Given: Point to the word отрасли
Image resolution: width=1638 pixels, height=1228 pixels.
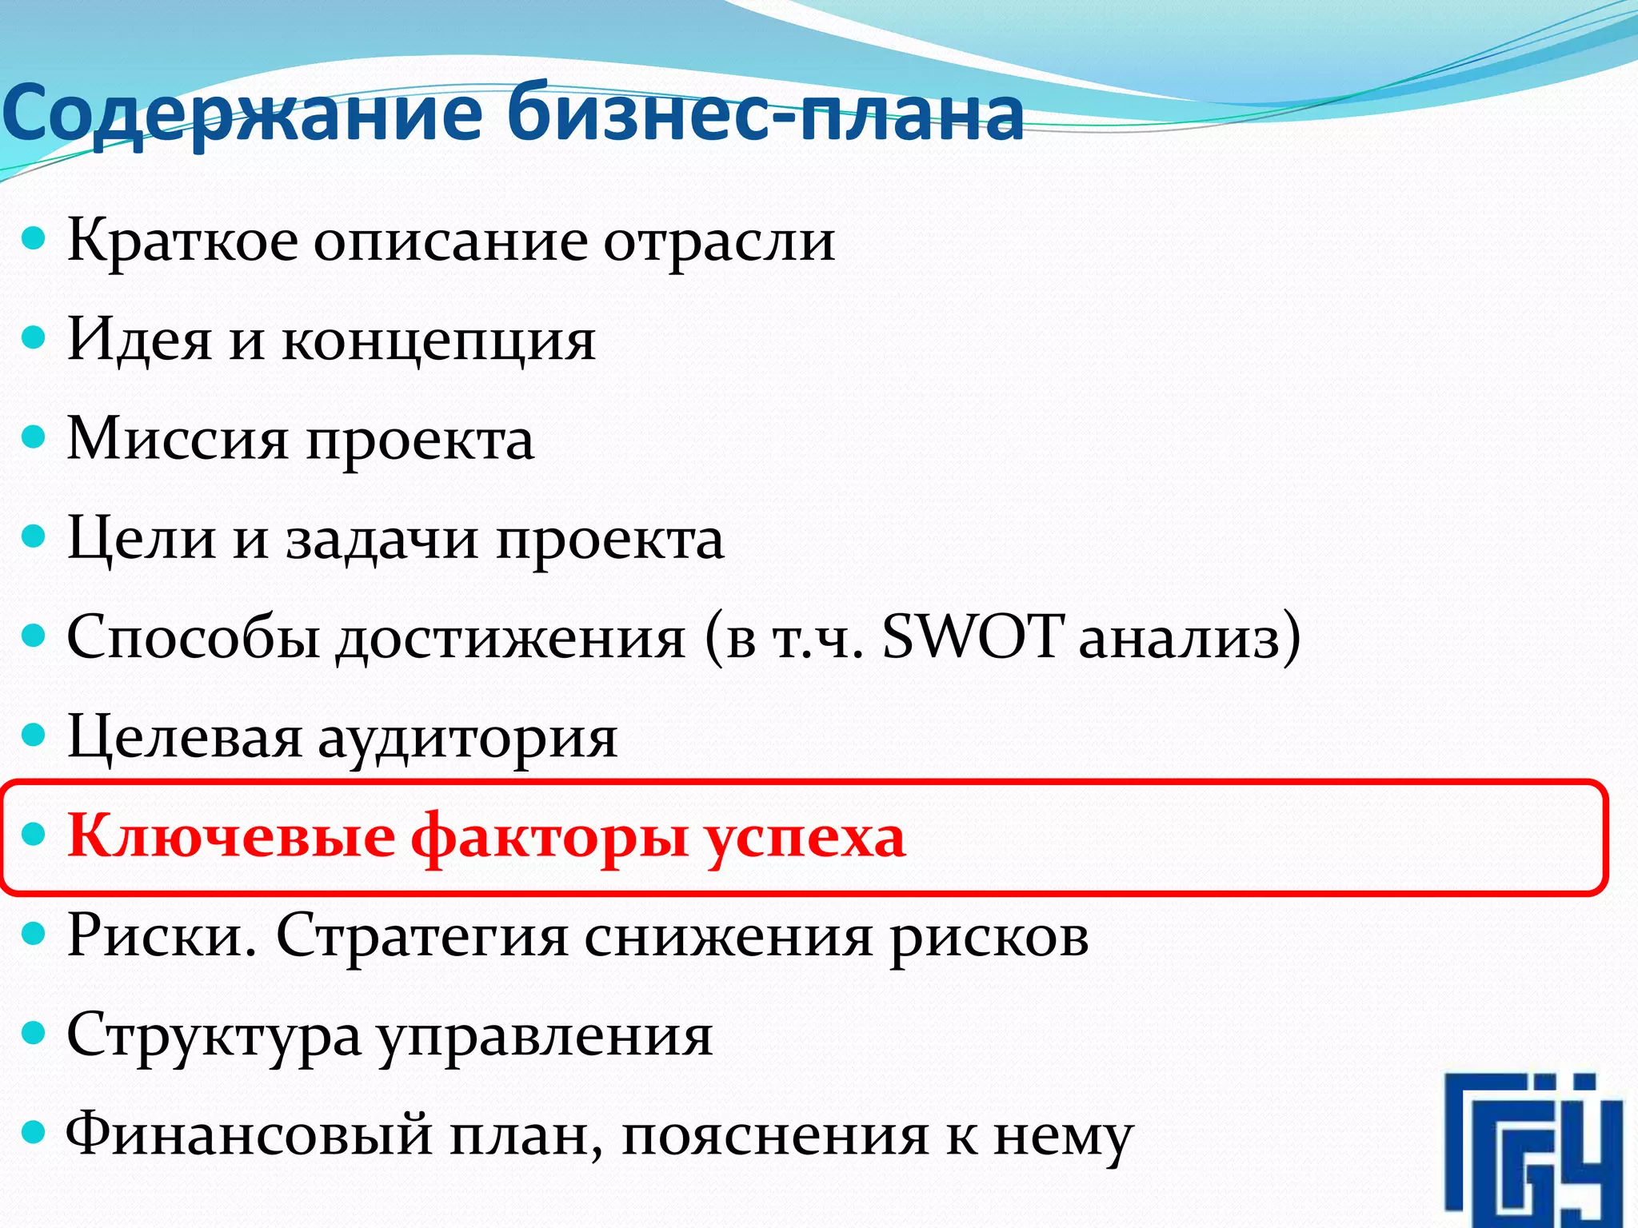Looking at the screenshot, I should [x=719, y=241].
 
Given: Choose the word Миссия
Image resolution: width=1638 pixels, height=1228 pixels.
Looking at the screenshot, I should [x=177, y=439].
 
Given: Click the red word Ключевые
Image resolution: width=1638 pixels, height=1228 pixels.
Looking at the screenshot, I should [x=231, y=836].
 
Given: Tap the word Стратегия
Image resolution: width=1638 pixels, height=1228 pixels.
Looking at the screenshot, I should [x=421, y=936].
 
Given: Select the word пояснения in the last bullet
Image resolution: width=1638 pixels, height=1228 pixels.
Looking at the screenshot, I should [x=774, y=1136].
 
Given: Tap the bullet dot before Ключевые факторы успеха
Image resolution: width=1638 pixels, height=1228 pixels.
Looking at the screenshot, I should [x=34, y=835].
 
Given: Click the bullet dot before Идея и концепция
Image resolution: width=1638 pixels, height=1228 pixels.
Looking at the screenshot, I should [x=34, y=337].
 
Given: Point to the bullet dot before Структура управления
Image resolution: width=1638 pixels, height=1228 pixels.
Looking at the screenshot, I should [x=34, y=1034].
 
